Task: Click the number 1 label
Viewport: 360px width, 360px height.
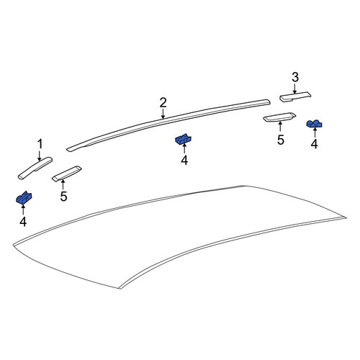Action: [40, 144]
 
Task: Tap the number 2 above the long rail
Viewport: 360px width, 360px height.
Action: [163, 103]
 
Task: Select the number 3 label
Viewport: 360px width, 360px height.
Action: [295, 77]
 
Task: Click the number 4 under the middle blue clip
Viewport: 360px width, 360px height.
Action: [184, 160]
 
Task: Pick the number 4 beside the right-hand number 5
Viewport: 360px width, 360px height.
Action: [314, 144]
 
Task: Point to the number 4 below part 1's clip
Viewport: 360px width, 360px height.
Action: [23, 222]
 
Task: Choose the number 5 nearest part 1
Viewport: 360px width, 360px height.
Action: [63, 197]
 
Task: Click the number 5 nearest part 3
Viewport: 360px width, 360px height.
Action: [280, 140]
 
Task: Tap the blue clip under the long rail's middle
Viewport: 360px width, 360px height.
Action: [184, 139]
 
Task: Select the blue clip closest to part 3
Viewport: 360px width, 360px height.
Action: [315, 123]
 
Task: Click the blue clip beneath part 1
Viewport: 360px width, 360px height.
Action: [24, 197]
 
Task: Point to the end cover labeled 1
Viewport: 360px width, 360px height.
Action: [35, 168]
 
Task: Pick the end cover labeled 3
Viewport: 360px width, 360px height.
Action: [295, 96]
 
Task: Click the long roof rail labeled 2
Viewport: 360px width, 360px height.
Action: [168, 123]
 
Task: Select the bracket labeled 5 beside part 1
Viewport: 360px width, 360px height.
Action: [67, 174]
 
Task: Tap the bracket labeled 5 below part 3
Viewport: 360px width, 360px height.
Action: [279, 117]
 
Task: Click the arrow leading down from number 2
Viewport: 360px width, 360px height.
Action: [163, 114]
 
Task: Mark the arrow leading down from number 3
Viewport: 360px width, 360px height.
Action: [295, 89]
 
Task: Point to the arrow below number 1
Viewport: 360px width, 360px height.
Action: [40, 156]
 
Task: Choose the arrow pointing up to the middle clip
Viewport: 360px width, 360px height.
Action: [184, 148]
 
